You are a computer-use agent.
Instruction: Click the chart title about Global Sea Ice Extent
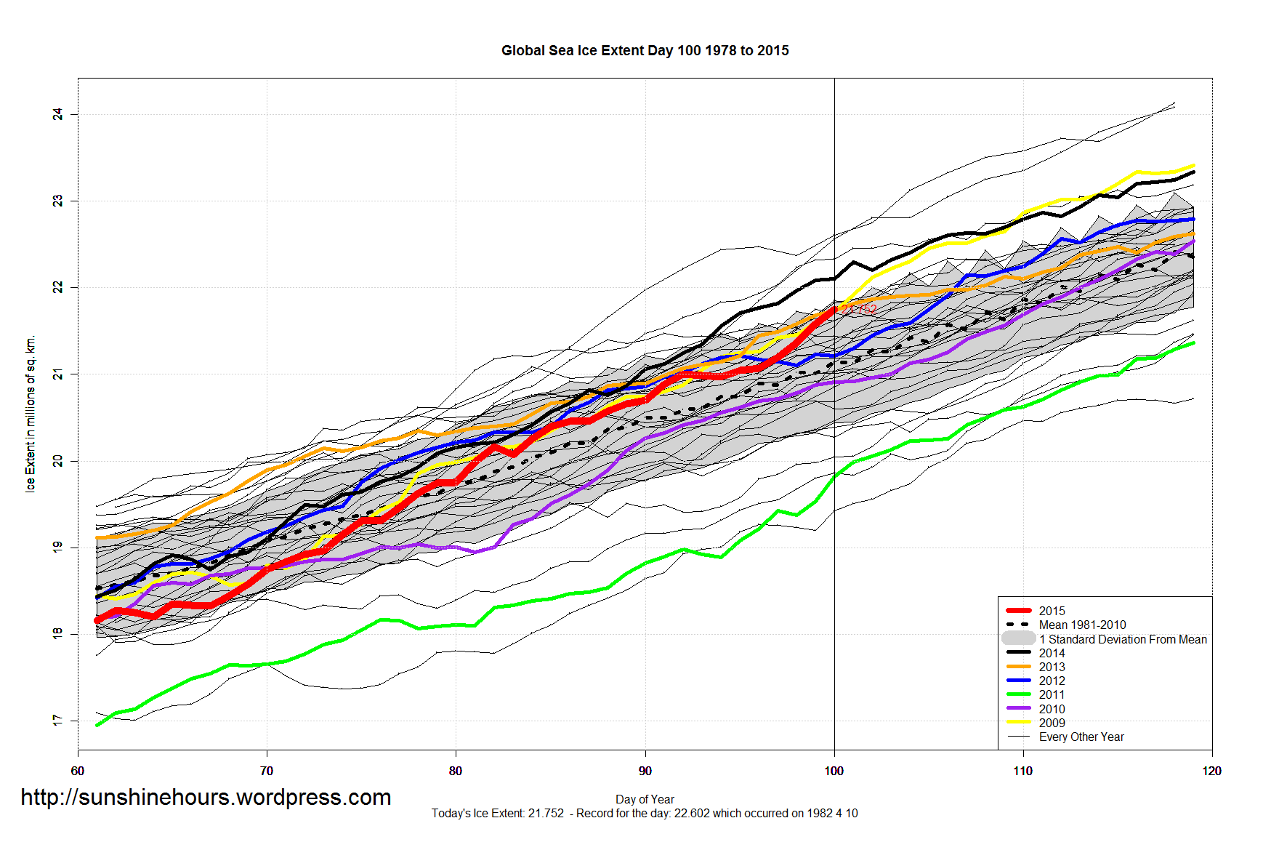pos(645,50)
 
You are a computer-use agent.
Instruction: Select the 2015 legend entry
pos(1052,611)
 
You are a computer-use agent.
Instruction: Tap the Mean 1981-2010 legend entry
pos(1082,625)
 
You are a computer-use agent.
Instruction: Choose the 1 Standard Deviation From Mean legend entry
pos(1123,639)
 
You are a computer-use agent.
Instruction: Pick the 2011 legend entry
pos(1052,694)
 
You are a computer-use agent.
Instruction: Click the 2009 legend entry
pos(1052,723)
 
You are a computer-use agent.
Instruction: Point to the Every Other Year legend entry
pos(1081,737)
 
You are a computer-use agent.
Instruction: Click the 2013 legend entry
pos(1052,667)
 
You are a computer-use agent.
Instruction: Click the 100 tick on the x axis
pos(834,771)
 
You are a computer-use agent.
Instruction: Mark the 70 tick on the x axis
pos(267,771)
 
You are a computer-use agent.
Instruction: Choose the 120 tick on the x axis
pos(1211,771)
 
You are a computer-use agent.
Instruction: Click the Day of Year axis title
pos(645,799)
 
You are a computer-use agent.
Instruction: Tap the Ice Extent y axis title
pos(31,414)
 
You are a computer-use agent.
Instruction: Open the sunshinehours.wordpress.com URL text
pos(206,797)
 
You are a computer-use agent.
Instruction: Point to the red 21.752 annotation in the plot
pos(859,310)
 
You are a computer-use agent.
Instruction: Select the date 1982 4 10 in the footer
pos(831,813)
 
